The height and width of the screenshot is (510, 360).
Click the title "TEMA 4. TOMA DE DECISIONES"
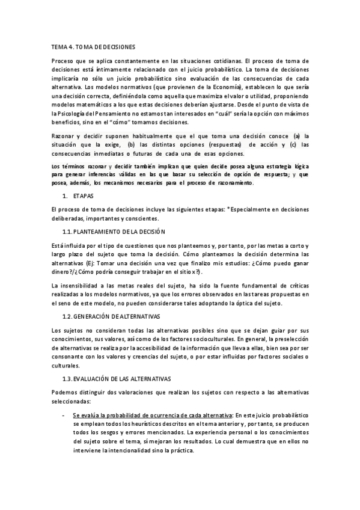click(93, 46)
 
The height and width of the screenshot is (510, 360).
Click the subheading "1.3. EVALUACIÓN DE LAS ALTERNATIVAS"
click(116, 378)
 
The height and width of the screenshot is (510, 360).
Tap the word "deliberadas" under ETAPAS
click(69, 218)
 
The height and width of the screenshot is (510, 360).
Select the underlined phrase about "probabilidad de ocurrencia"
click(153, 416)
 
